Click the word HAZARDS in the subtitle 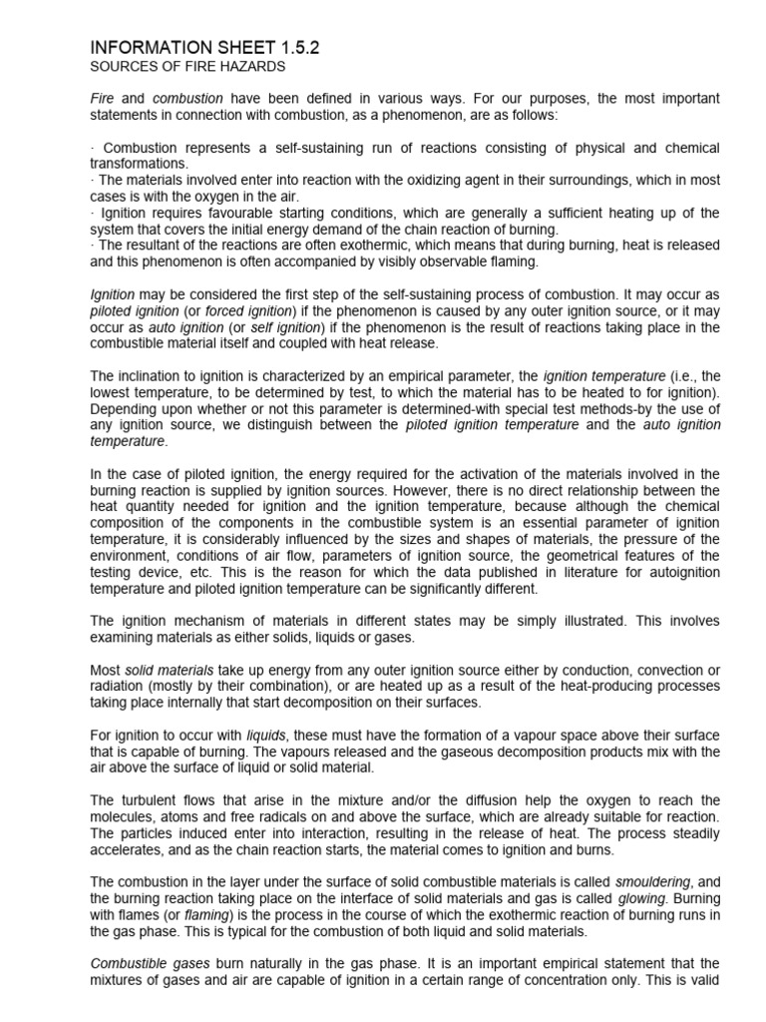pyautogui.click(x=251, y=67)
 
